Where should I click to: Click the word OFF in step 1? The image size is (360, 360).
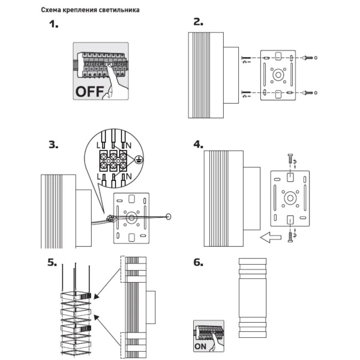point(89,91)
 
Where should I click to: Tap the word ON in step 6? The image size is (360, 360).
point(200,346)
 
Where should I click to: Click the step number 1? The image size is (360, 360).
point(54,24)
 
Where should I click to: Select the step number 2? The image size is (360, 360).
point(199,22)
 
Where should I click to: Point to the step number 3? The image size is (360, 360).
point(53,145)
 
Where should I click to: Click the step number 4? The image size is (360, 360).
point(199,145)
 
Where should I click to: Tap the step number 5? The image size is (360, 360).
point(52,262)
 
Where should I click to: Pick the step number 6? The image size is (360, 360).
point(199,262)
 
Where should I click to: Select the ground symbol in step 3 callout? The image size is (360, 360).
point(139,159)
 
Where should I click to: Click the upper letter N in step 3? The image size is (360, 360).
point(128,145)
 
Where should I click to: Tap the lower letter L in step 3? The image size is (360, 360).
point(99,176)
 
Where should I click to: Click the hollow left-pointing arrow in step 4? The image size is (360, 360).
point(271,237)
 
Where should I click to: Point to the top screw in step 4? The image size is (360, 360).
point(290,158)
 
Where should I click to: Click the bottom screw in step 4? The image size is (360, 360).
point(290,237)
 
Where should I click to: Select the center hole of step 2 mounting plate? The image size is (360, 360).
point(278,75)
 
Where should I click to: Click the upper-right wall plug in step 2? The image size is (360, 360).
point(308,58)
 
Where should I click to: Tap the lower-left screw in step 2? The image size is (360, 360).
point(246,92)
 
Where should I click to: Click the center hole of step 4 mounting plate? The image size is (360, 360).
point(290,198)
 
